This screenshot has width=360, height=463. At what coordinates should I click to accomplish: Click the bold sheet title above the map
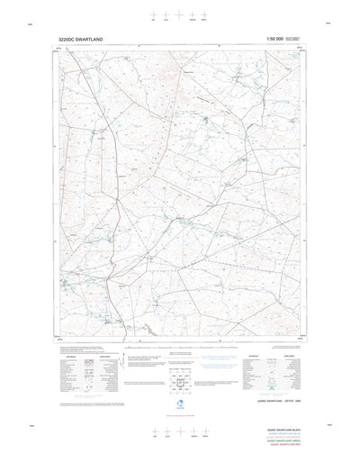[x=80, y=40]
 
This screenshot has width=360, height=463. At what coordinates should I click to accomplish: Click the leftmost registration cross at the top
[x=155, y=15]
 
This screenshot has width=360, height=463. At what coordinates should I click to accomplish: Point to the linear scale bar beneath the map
[x=180, y=347]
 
